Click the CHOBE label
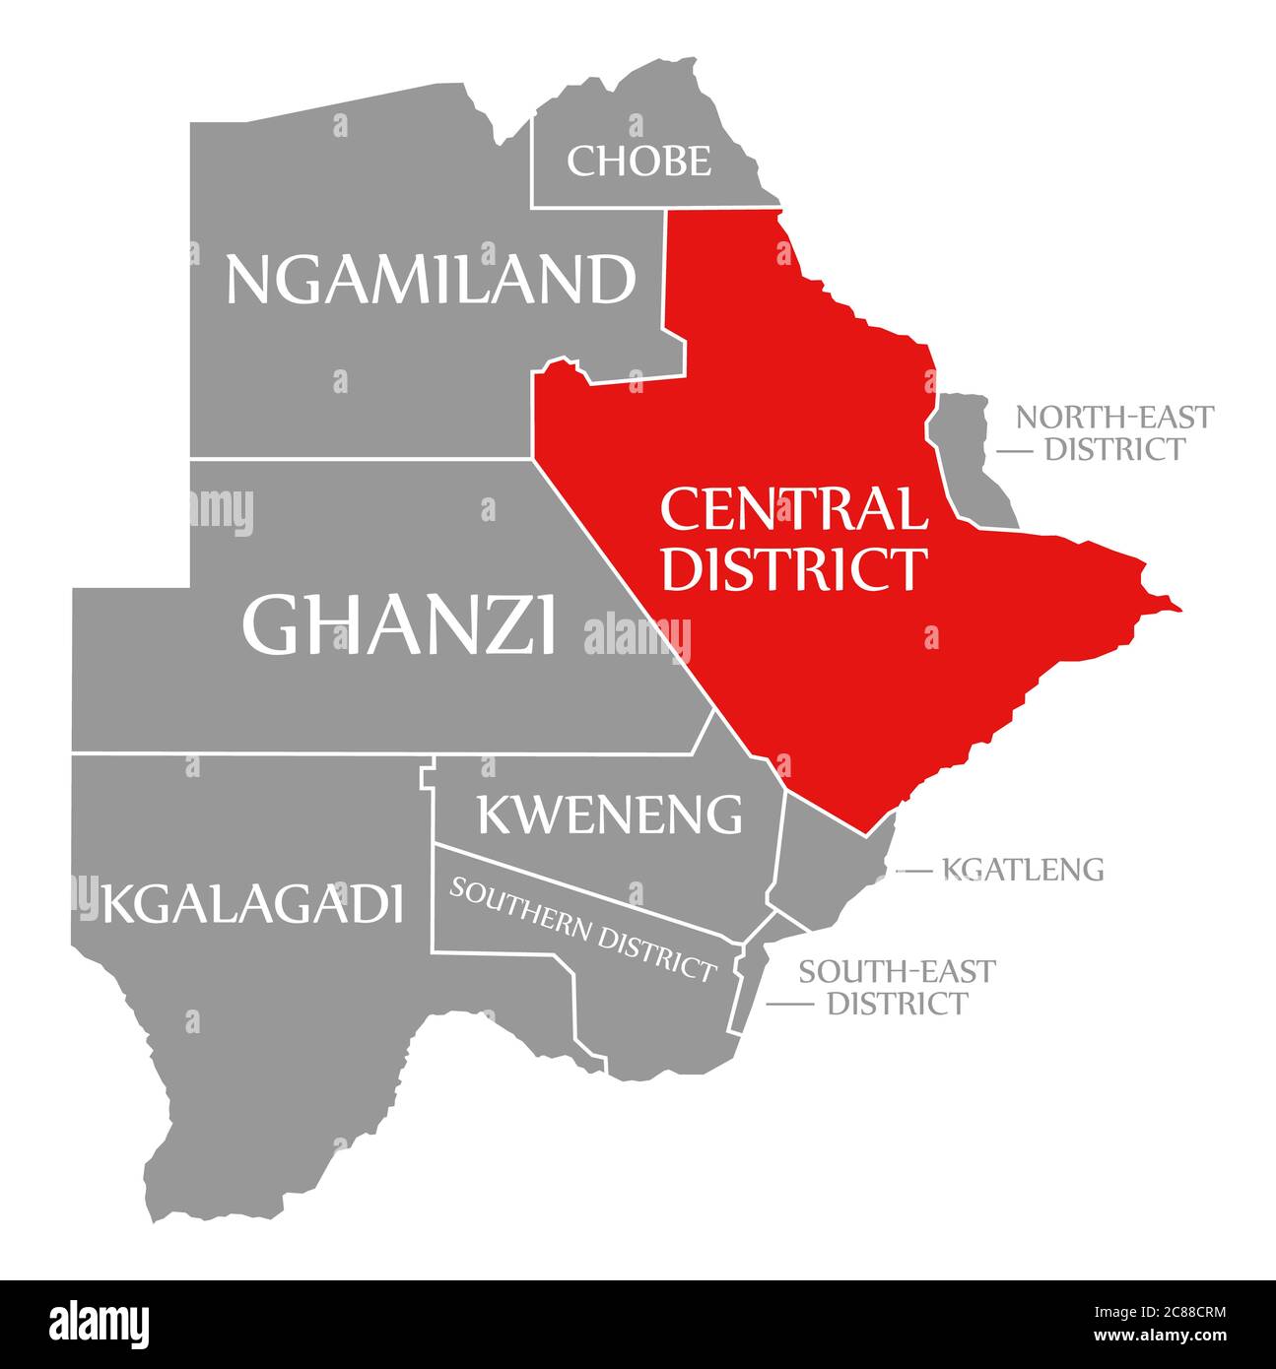click(638, 161)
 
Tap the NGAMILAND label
click(431, 280)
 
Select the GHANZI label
click(399, 624)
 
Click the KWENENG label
click(610, 814)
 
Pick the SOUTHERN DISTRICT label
click(582, 929)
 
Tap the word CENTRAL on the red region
click(793, 510)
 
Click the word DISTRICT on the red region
click(793, 568)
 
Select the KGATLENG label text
click(1023, 870)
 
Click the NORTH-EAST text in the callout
click(1114, 417)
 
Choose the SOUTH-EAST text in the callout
click(897, 971)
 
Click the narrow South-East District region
click(749, 985)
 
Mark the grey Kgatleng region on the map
click(828, 867)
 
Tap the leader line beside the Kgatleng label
click(913, 871)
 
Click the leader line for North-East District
click(1015, 451)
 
